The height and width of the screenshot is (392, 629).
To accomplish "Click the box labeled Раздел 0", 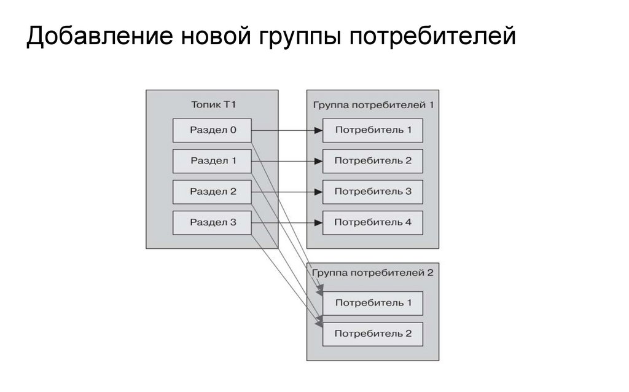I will pyautogui.click(x=213, y=130).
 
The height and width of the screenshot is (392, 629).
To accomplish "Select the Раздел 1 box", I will pyautogui.click(x=213, y=161).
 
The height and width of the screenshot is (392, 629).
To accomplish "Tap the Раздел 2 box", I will pyautogui.click(x=213, y=192).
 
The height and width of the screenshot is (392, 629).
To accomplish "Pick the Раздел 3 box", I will pyautogui.click(x=213, y=222).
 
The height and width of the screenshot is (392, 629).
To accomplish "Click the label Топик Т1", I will pyautogui.click(x=212, y=104).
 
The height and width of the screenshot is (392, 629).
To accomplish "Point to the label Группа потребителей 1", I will pyautogui.click(x=373, y=104).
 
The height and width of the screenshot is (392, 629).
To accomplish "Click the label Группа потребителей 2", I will pyautogui.click(x=373, y=273).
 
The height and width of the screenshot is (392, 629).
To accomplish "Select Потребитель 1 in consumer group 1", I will pyautogui.click(x=373, y=130).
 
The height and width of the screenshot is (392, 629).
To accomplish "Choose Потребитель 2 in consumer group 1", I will pyautogui.click(x=373, y=161).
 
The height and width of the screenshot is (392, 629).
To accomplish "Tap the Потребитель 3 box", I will pyautogui.click(x=373, y=192).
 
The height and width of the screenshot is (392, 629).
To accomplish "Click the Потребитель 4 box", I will pyautogui.click(x=373, y=222).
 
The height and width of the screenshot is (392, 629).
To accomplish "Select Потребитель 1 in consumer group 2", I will pyautogui.click(x=373, y=303).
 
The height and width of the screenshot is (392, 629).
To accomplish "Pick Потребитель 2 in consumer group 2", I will pyautogui.click(x=373, y=334).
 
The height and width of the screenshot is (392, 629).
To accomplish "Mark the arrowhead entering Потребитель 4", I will pyautogui.click(x=318, y=222).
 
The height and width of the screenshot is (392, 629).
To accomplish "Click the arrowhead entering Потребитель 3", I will pyautogui.click(x=318, y=192).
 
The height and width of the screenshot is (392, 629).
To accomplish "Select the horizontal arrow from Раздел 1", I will pyautogui.click(x=286, y=161).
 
